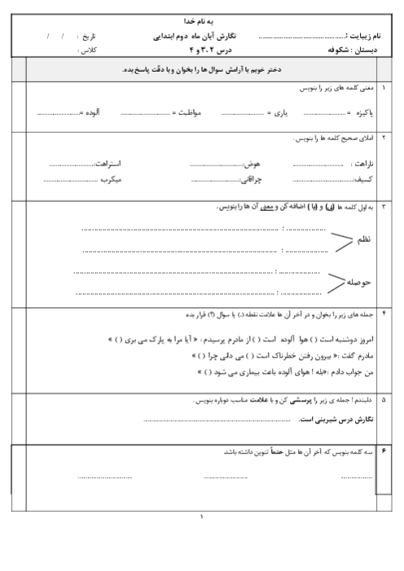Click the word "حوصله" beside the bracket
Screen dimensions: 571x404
point(364,282)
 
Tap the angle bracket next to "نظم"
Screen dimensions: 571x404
point(340,239)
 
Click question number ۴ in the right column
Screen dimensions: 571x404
point(384,313)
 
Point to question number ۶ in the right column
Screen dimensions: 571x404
point(384,450)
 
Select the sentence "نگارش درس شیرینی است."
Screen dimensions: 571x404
point(336,419)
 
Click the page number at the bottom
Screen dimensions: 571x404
point(201,516)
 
